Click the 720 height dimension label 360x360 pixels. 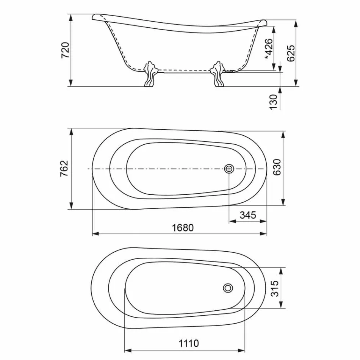point(65,50)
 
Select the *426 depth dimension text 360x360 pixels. point(268,49)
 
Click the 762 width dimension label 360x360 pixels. point(64,168)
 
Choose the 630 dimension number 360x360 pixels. point(277,167)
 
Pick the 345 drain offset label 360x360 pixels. point(248,215)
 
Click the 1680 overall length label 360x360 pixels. point(183,228)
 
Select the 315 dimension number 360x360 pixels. point(275,288)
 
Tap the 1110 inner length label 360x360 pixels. point(189,343)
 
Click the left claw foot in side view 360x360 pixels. point(150,74)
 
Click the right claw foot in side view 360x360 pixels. point(218,74)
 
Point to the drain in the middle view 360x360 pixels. point(229,169)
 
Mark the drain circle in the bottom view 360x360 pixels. point(228,288)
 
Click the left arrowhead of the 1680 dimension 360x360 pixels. point(95,234)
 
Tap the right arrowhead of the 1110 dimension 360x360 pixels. point(243,350)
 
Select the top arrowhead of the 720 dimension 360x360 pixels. point(71,17)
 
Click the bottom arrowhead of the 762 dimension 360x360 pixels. point(71,206)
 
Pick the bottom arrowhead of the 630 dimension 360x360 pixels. point(283,203)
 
